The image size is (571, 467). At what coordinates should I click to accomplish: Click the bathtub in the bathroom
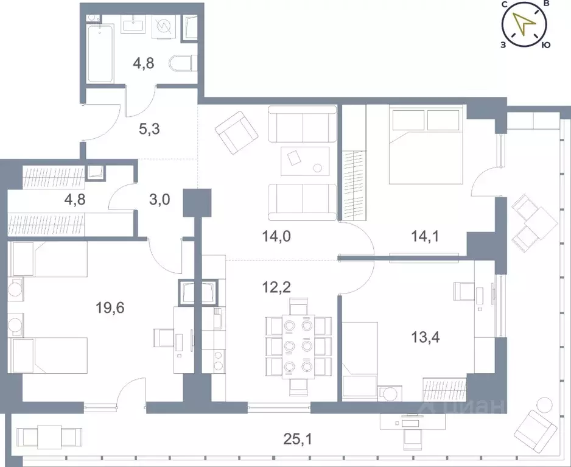100,54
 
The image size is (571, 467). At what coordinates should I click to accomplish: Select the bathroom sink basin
134,26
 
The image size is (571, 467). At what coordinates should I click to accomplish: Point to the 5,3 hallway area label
149,128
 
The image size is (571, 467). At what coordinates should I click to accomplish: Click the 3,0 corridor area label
159,200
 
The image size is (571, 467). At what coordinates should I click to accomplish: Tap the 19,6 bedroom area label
110,308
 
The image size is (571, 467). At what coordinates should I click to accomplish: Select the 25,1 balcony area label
298,440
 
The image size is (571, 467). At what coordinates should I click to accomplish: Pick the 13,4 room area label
426,338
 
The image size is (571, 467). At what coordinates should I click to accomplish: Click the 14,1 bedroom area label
425,237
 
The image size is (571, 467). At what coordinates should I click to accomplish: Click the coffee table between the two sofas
305,161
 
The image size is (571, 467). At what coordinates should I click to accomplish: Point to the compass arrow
524,24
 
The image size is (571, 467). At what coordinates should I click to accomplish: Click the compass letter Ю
546,45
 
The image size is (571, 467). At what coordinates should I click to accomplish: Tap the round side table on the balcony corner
544,406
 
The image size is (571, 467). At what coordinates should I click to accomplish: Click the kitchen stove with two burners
219,360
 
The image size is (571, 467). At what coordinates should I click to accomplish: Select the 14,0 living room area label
276,237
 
